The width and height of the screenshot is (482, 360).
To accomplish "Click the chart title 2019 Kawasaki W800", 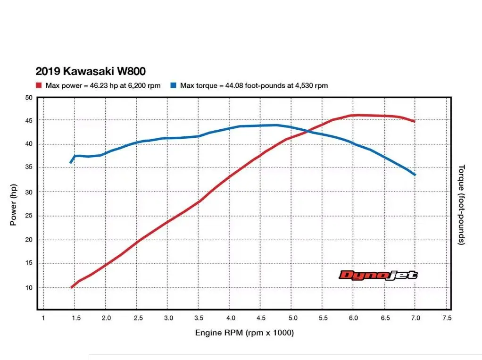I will click(x=91, y=71).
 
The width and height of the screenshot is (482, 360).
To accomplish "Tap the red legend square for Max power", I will click(x=39, y=85).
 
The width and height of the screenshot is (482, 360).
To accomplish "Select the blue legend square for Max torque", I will click(x=174, y=85).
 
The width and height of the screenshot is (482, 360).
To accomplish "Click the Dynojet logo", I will click(x=378, y=275).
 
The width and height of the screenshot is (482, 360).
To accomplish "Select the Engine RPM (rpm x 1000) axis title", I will click(x=244, y=333).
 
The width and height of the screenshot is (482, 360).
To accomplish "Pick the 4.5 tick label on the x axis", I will click(x=260, y=318).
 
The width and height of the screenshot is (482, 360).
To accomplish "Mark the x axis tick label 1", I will click(x=43, y=318).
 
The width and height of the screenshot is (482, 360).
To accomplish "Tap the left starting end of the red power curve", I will click(x=71, y=287).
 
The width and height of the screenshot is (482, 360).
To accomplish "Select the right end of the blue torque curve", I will click(x=415, y=175).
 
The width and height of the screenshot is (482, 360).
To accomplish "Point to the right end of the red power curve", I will click(x=415, y=122).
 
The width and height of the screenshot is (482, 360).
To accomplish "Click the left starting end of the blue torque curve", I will click(x=71, y=163).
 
